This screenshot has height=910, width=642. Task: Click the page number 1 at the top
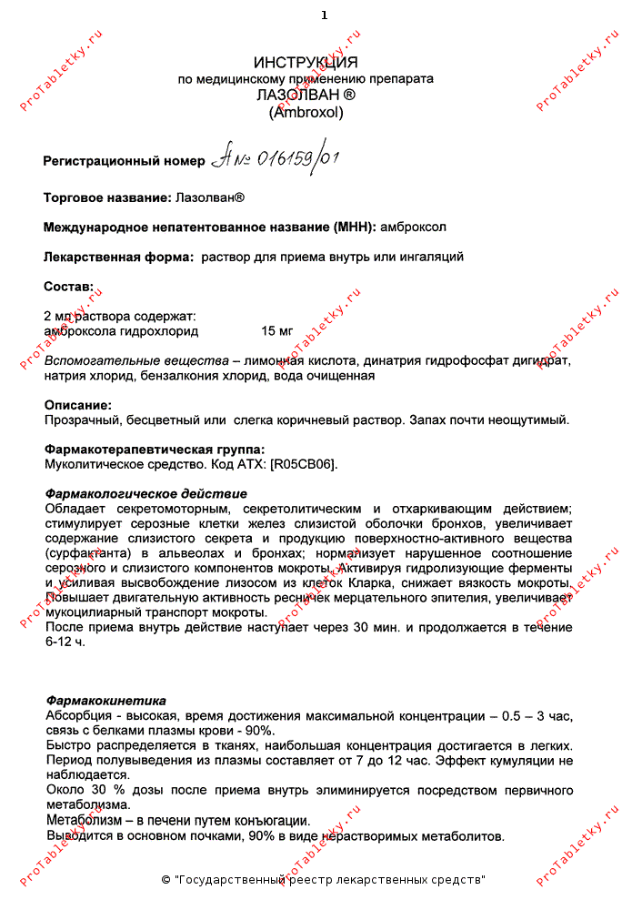pyautogui.click(x=324, y=15)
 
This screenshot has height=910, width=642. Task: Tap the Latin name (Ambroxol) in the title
pyautogui.click(x=306, y=113)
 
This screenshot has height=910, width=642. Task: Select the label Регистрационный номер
pyautogui.click(x=125, y=161)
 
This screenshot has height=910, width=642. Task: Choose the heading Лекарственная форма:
pyautogui.click(x=118, y=257)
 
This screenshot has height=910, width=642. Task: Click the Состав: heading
pyautogui.click(x=68, y=287)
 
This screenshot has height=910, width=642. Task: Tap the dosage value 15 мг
pyautogui.click(x=276, y=330)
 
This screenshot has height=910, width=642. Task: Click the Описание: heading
pyautogui.click(x=78, y=404)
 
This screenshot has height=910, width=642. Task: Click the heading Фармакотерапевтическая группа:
pyautogui.click(x=155, y=449)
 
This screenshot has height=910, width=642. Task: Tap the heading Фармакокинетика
pyautogui.click(x=105, y=701)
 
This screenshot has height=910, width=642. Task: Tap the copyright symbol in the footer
pyautogui.click(x=166, y=880)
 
